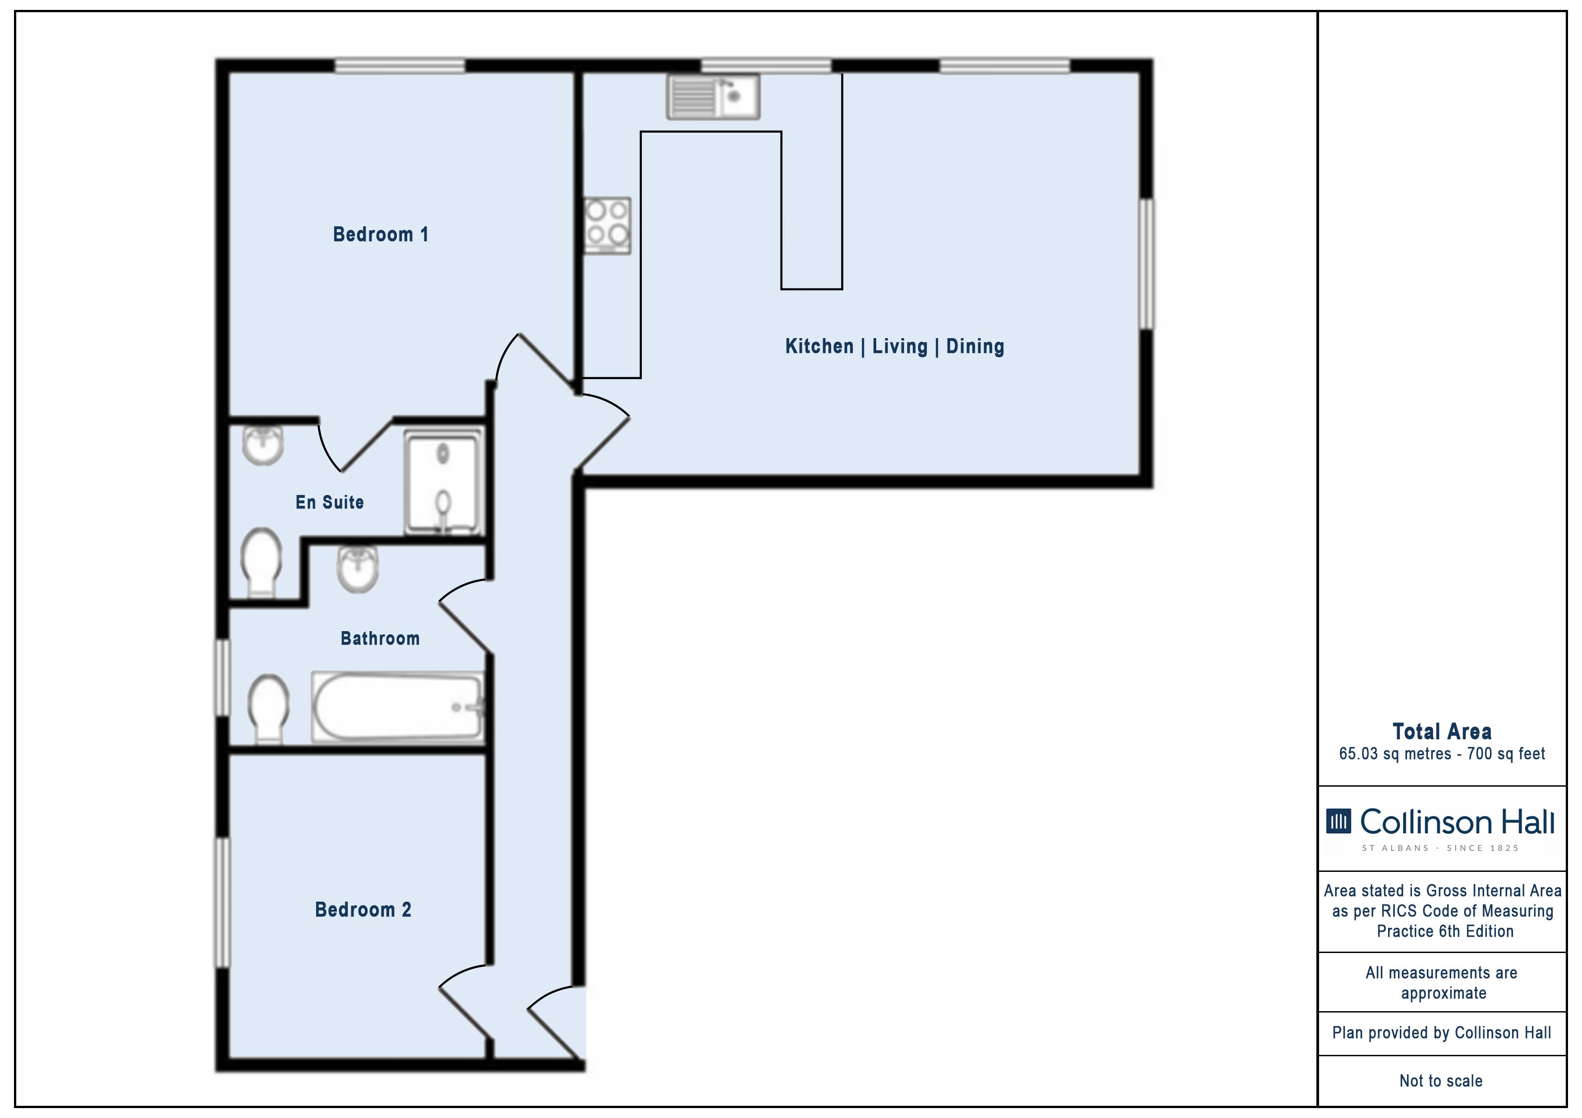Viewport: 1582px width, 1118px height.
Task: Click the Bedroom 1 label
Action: click(380, 234)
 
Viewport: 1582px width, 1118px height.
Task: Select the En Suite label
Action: click(329, 502)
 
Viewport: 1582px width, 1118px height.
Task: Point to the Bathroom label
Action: click(380, 638)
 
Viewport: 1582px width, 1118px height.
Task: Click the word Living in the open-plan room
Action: click(900, 347)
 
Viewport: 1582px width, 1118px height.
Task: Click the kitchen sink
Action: click(713, 97)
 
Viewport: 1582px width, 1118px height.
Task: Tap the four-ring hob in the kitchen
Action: click(607, 226)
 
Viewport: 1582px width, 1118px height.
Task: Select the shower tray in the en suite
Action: click(443, 482)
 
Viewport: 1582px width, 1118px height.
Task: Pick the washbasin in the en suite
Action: click(262, 445)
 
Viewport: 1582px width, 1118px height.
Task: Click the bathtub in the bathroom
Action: click(398, 707)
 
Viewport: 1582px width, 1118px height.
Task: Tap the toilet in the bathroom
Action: click(268, 709)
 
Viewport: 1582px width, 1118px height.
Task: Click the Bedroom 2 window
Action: click(222, 903)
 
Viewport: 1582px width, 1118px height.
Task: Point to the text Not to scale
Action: click(1441, 1081)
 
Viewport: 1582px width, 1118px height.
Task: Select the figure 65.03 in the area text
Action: click(1358, 754)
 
